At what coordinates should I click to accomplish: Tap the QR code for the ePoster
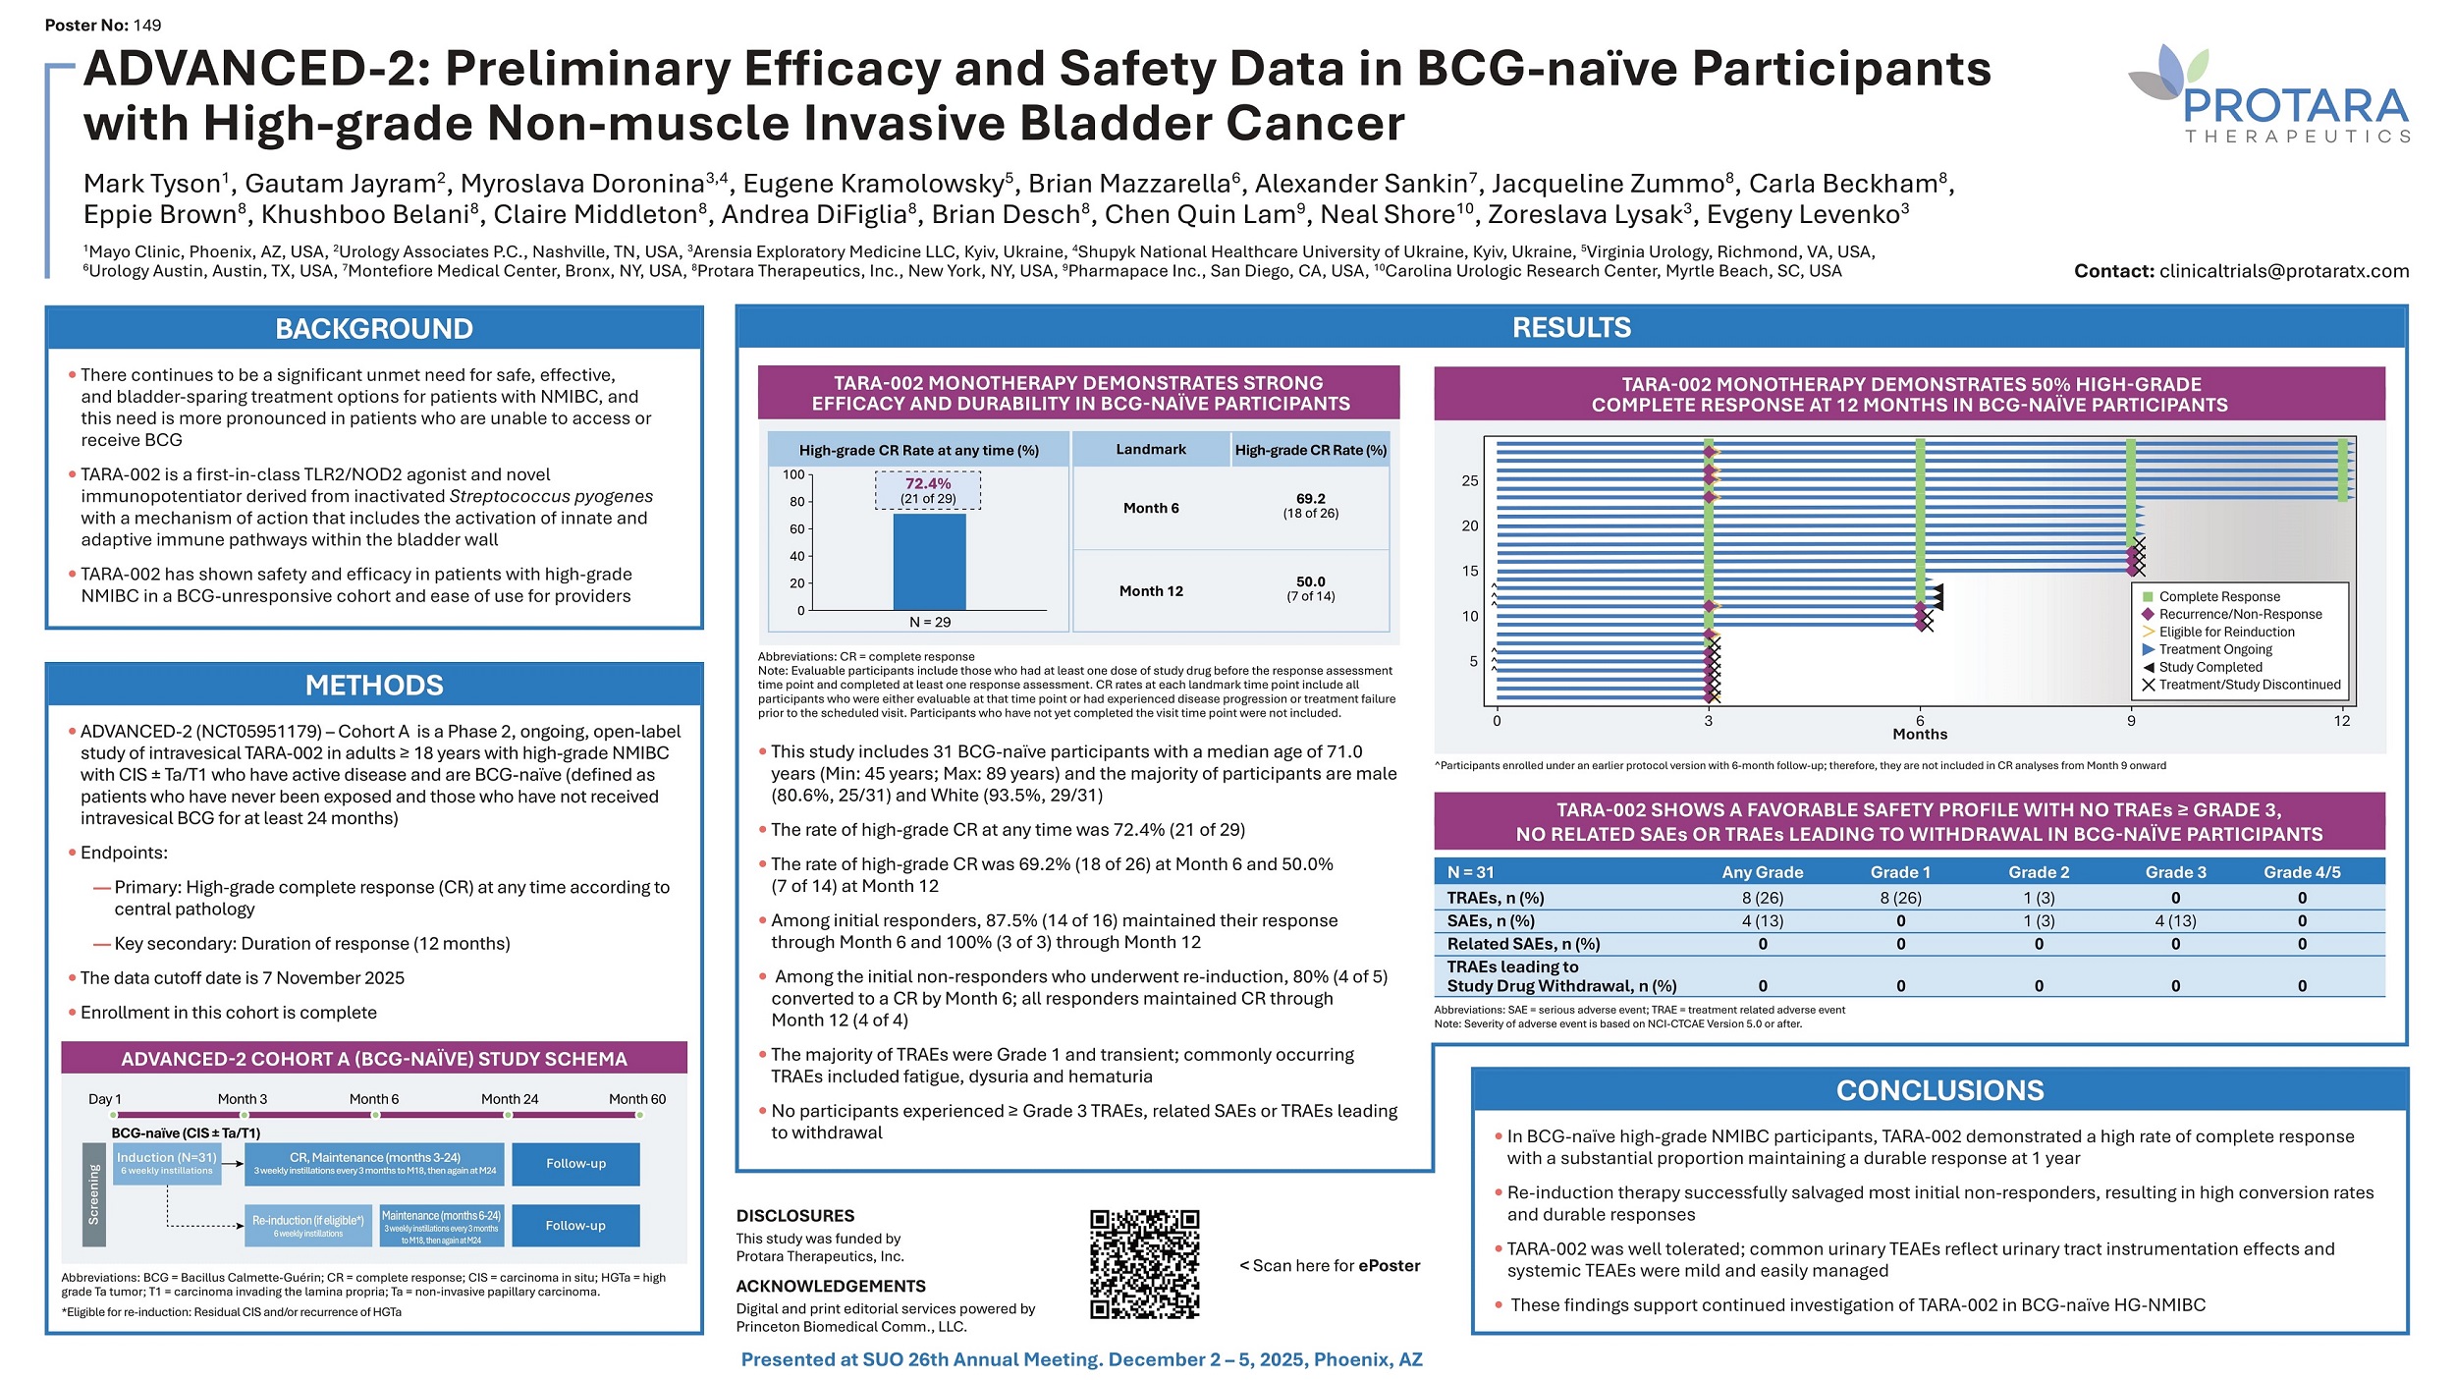(x=1144, y=1263)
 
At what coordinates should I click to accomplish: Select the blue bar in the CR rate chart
(x=929, y=561)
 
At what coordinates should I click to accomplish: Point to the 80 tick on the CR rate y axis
(x=797, y=501)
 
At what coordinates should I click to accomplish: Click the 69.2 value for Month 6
(x=1310, y=499)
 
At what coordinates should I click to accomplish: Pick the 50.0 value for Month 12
(x=1310, y=581)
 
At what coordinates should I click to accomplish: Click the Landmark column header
(x=1151, y=450)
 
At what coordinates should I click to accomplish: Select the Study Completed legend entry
(x=2210, y=667)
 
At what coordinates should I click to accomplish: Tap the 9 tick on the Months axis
(x=2131, y=721)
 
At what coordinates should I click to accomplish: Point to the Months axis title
(x=1920, y=735)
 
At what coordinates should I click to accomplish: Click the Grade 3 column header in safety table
(x=2175, y=872)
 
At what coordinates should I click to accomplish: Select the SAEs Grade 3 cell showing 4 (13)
(x=2175, y=921)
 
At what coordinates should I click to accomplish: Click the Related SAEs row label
(x=1523, y=944)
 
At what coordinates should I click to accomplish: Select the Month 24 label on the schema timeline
(x=510, y=1099)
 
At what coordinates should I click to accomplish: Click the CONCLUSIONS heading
(x=1939, y=1090)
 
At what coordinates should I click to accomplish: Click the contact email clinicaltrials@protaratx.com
(x=2283, y=271)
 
